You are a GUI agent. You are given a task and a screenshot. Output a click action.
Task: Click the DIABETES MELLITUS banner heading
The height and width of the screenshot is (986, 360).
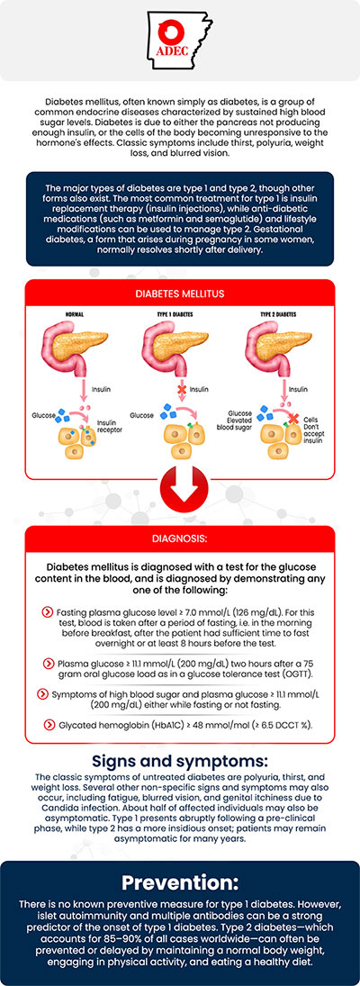click(x=179, y=294)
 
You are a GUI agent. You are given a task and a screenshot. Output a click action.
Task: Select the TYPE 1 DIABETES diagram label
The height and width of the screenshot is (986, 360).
click(x=179, y=316)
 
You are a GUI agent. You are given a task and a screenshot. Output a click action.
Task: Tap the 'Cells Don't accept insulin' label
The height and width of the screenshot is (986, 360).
click(x=310, y=424)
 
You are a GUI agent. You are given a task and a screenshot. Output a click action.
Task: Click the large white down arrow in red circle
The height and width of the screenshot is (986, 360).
click(x=179, y=492)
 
